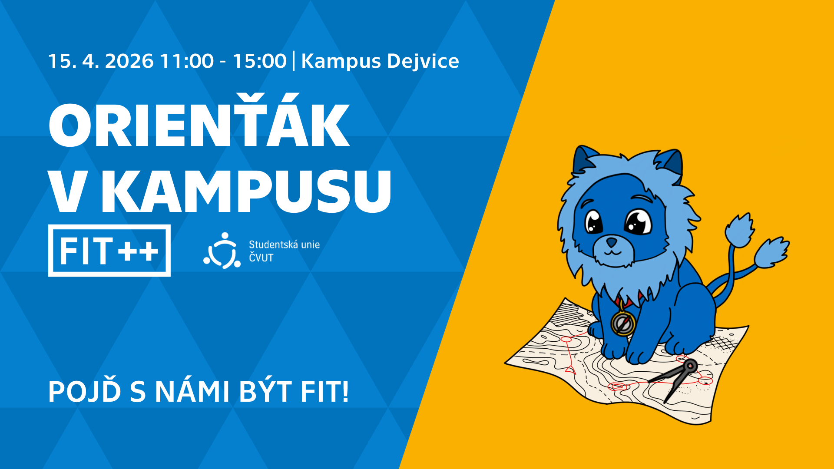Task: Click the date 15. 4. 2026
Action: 101,61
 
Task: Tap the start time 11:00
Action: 187,61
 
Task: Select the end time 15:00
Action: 259,61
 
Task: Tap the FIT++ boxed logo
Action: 109,251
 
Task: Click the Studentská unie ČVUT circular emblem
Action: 222,251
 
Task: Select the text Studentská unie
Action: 284,244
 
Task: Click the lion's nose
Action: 611,241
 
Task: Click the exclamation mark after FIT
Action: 345,391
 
